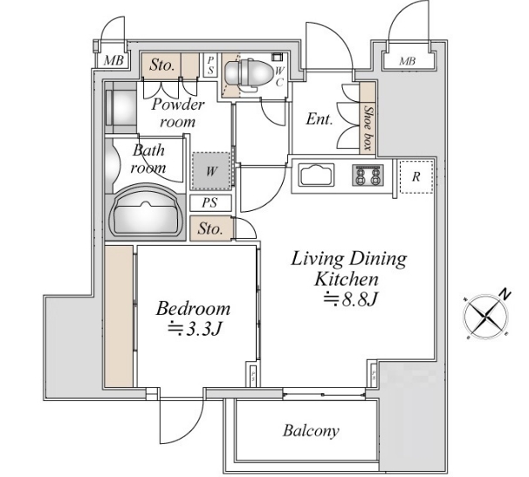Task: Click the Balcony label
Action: pos(310,431)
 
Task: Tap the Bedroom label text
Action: pos(193,309)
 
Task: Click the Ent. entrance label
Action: pos(319,119)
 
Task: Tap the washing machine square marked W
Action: pos(211,171)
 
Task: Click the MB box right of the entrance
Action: pos(408,61)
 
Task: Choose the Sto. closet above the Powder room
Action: pos(161,65)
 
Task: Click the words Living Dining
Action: pos(348,259)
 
